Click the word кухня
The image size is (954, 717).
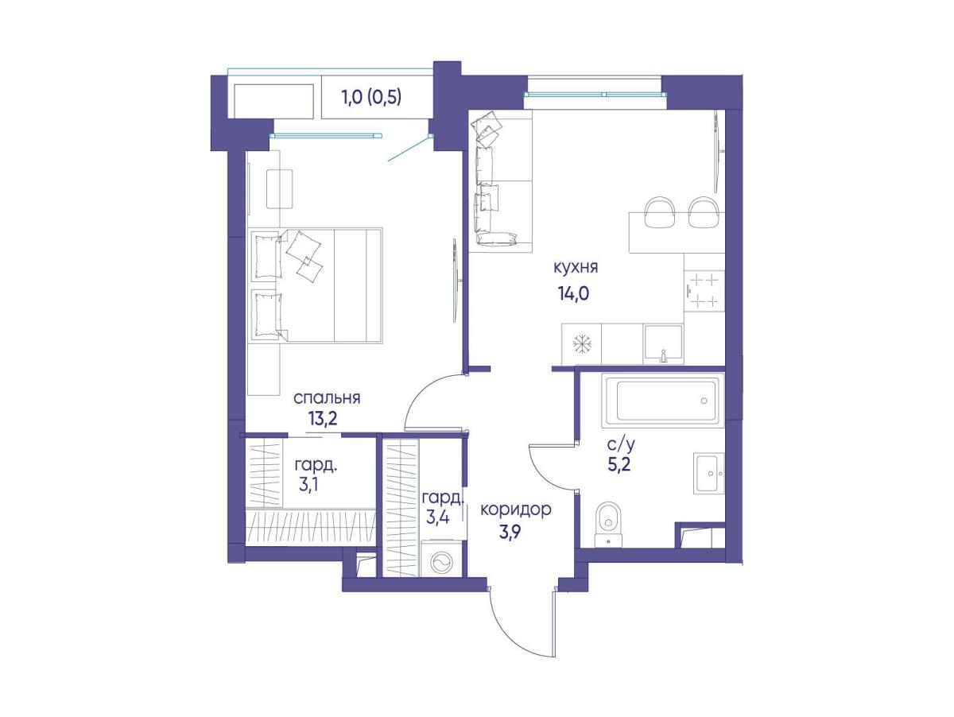click(x=576, y=267)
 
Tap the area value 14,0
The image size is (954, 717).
click(x=573, y=294)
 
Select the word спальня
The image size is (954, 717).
click(x=327, y=398)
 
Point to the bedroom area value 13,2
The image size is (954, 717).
click(x=323, y=419)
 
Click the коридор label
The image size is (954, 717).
click(x=515, y=510)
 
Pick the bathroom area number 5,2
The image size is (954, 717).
click(x=619, y=464)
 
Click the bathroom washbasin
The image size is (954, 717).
click(x=709, y=473)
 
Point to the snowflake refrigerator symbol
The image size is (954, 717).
click(x=581, y=344)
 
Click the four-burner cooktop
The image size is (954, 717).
click(x=704, y=290)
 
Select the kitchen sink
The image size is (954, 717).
click(x=663, y=343)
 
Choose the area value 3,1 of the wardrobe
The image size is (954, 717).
click(x=308, y=485)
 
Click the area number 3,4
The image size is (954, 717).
click(x=437, y=517)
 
